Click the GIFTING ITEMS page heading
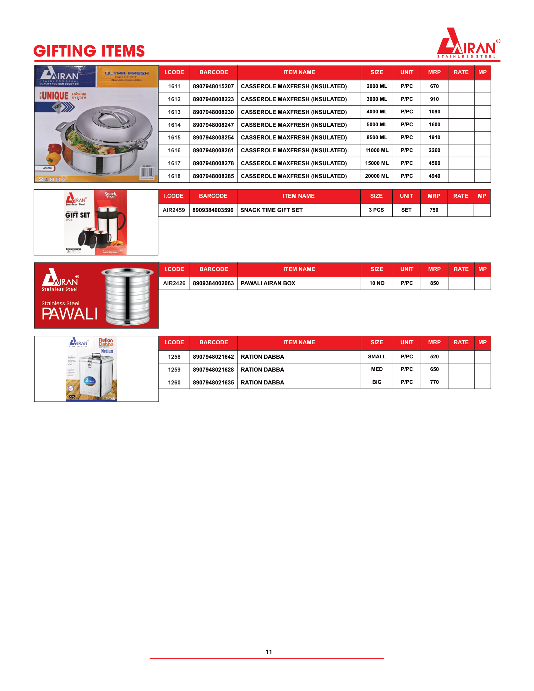89,51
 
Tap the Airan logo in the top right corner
468,43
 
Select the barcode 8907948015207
213,86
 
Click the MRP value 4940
434,176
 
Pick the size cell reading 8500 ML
376,138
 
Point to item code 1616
174,150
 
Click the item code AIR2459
174,210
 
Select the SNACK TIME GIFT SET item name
271,210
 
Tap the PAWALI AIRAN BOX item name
268,283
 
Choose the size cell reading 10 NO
376,283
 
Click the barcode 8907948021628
213,370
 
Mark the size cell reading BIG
376,382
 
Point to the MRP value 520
434,356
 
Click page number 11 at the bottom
269,652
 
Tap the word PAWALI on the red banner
70,314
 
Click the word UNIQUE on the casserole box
55,95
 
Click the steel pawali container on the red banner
128,296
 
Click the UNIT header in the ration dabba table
406,342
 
